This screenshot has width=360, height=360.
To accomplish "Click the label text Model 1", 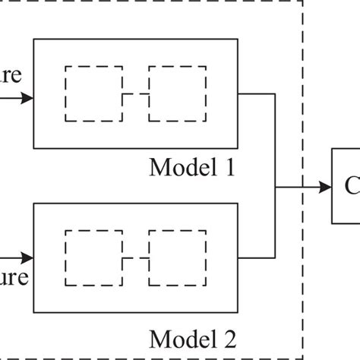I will [192, 166].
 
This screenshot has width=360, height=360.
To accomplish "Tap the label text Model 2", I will [192, 336].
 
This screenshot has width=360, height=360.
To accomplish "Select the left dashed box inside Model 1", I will [93, 94].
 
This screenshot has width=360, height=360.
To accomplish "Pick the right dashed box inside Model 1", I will [176, 94].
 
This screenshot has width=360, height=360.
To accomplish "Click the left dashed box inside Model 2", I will [93, 258].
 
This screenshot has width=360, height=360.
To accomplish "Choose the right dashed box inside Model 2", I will [176, 258].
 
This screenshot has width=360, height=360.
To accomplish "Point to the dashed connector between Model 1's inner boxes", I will [135, 94].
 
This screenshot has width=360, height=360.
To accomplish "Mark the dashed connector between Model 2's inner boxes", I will [135, 258].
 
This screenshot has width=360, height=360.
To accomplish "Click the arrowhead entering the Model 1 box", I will [28, 98].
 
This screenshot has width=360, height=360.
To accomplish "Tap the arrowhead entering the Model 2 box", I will [28, 258].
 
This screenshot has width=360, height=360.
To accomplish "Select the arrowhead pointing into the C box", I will [324, 186].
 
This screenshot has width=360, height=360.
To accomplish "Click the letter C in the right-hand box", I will [352, 186].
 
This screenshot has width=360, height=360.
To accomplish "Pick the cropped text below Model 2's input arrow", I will [14, 276].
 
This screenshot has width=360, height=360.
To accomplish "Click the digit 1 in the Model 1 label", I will [228, 166].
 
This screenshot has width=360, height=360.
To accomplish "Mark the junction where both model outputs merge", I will [274, 186].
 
